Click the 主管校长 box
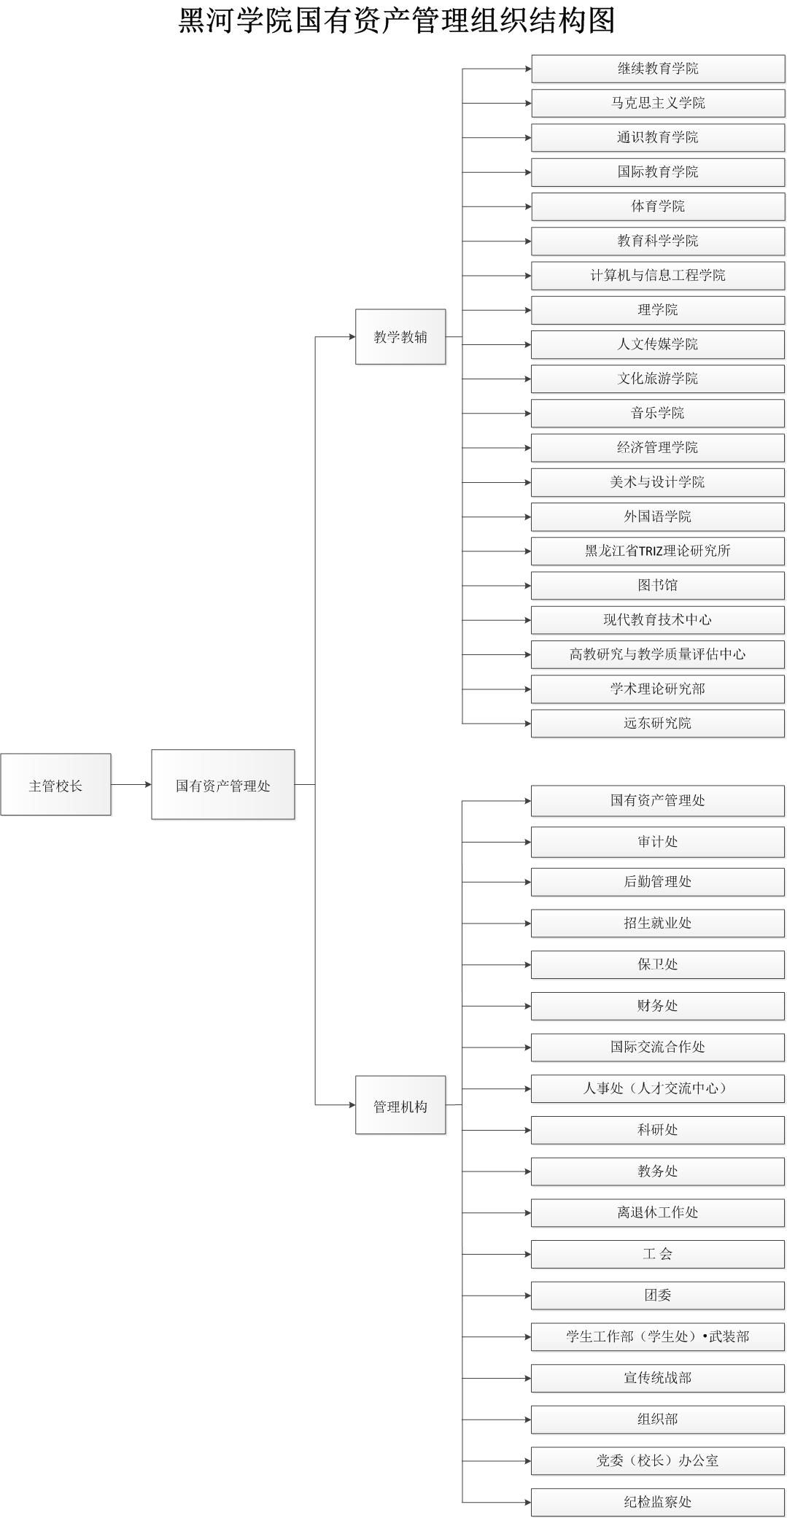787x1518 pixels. [55, 784]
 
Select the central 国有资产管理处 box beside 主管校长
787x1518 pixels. [223, 784]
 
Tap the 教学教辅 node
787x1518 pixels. [400, 336]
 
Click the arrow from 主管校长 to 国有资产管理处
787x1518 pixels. [131, 784]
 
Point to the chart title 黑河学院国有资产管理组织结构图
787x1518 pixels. [397, 20]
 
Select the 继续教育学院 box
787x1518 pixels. [658, 69]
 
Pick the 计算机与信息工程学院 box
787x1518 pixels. [658, 276]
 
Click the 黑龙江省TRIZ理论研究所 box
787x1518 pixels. [658, 551]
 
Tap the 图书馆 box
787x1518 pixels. [658, 585]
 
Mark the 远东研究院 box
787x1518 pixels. [658, 724]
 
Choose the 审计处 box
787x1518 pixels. [658, 842]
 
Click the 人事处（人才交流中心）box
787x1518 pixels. [658, 1088]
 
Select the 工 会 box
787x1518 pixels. [658, 1254]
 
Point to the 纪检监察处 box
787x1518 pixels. [658, 1502]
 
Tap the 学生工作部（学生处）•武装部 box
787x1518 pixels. [658, 1336]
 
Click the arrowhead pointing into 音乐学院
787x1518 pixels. [528, 414]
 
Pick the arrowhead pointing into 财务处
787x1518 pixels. [528, 1006]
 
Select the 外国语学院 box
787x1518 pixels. [658, 516]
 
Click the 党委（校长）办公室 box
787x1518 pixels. [658, 1460]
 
